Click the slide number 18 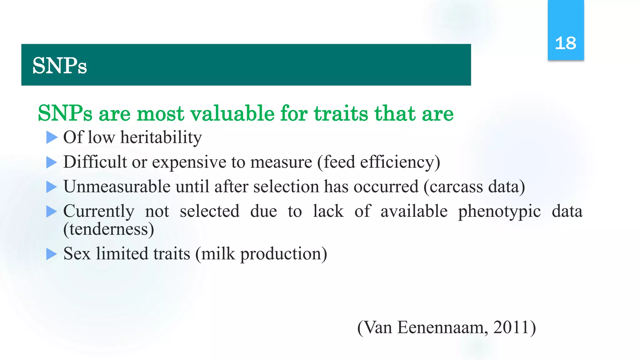[565, 43]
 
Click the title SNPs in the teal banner [59, 66]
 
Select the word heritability [161, 137]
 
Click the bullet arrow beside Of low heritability [52, 137]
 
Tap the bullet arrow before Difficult [52, 162]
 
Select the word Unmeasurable [117, 187]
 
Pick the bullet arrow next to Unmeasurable [52, 187]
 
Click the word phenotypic [499, 211]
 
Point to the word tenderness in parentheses [108, 229]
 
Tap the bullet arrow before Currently [52, 211]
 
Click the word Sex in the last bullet [77, 253]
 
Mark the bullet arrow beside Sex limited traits [52, 254]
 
